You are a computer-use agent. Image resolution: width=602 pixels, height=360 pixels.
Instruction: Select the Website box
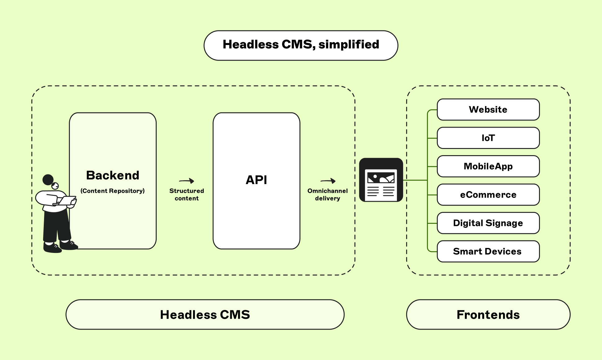(x=488, y=110)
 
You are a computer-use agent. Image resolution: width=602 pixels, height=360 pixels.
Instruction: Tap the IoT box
(x=488, y=138)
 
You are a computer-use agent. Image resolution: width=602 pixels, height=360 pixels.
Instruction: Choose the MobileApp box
(x=488, y=166)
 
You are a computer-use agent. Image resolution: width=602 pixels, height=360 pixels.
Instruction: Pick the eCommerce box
(x=488, y=195)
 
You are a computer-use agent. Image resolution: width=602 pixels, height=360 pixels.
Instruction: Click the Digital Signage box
(x=488, y=223)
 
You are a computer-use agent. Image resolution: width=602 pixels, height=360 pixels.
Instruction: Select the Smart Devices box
(x=488, y=251)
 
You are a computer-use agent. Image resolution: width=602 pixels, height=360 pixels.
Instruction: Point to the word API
(x=256, y=180)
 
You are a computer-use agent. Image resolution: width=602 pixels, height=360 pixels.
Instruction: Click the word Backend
(x=113, y=175)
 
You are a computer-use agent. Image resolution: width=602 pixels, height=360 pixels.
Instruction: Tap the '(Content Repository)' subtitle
(x=113, y=191)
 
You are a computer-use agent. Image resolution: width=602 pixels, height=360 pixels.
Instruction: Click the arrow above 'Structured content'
(x=186, y=181)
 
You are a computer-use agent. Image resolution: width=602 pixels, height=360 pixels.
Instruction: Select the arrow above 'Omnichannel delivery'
(x=328, y=181)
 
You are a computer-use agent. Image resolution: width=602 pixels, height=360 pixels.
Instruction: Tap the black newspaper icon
(x=381, y=180)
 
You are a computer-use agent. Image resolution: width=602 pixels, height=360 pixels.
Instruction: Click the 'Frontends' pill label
(x=488, y=315)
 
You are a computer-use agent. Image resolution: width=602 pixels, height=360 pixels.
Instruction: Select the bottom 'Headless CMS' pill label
(x=205, y=315)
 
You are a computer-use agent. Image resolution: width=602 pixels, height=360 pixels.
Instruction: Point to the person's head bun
(x=48, y=179)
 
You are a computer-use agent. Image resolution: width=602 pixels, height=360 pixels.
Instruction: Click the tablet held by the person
(x=67, y=200)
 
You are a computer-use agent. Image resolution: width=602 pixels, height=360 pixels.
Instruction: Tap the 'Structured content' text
(x=186, y=195)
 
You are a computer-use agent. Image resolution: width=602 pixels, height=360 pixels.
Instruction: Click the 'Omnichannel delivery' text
(x=328, y=195)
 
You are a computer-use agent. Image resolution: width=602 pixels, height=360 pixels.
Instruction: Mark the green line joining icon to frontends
(x=415, y=180)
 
